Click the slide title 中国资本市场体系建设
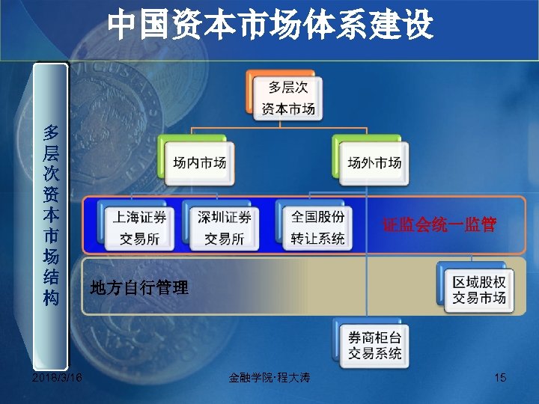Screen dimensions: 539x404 [x=269, y=25]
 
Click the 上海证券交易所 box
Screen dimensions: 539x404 [x=139, y=227]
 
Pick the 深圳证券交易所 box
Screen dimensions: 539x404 [x=224, y=227]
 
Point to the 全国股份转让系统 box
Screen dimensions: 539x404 [x=318, y=227]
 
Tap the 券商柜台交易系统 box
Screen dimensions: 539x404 [x=374, y=345]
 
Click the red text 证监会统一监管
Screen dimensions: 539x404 [x=439, y=224]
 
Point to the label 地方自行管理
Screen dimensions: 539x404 [x=139, y=287]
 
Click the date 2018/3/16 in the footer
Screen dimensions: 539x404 [x=58, y=378]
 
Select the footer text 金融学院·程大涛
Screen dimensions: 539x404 [x=269, y=379]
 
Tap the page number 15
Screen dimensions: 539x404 [x=500, y=378]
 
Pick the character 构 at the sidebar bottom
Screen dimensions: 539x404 [x=51, y=298]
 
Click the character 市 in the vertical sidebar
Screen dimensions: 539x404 [x=51, y=237]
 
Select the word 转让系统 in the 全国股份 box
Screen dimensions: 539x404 [x=318, y=239]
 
